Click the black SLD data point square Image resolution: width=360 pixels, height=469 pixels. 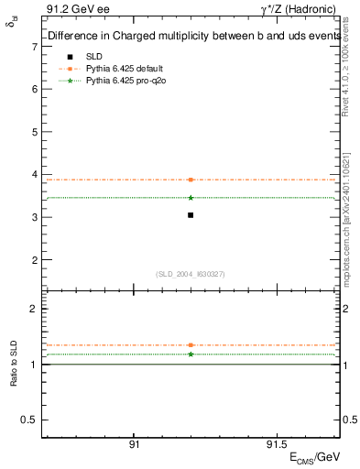click(x=191, y=215)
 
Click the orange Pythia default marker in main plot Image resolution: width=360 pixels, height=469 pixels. click(x=191, y=180)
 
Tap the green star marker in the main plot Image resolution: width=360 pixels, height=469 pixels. click(x=191, y=198)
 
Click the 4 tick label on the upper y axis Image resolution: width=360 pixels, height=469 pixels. click(x=34, y=175)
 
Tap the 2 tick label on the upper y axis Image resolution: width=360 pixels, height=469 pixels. click(x=34, y=260)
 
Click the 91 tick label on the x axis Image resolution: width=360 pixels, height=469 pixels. click(x=134, y=443)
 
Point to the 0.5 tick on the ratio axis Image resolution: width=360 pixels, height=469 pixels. click(x=29, y=420)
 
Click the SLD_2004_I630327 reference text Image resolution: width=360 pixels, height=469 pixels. click(x=191, y=274)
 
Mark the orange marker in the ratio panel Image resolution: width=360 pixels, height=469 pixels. click(x=191, y=345)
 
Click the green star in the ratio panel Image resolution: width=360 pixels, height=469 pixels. click(x=191, y=354)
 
